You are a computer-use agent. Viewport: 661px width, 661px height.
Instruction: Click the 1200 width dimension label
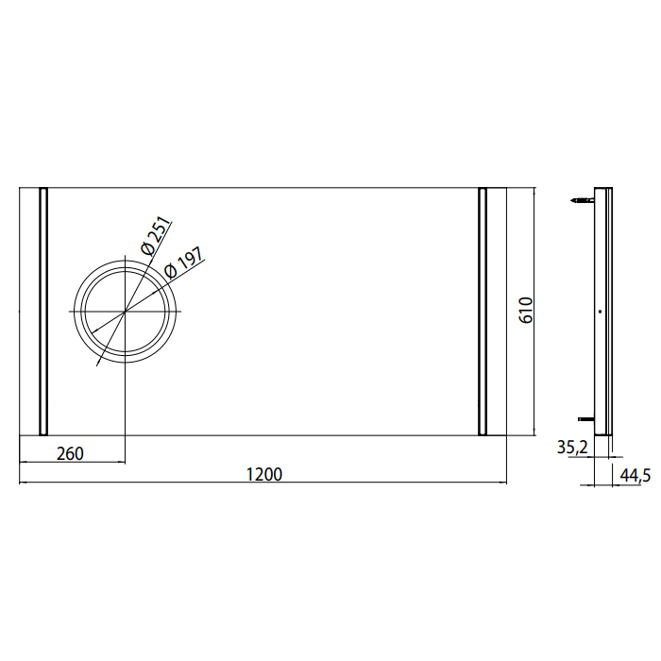(263, 474)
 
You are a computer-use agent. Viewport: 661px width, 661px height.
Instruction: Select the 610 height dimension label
(526, 311)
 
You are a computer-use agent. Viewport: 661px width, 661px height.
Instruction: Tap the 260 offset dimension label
(70, 453)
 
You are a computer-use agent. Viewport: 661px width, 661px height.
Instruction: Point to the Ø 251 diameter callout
(156, 235)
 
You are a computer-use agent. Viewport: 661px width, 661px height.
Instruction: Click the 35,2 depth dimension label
(572, 448)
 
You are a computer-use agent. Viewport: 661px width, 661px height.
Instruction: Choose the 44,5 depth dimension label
(636, 475)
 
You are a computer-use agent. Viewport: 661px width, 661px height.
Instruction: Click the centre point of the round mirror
(126, 312)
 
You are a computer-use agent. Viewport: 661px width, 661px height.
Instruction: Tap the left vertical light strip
(43, 312)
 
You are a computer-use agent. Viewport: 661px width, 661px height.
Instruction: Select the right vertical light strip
(483, 312)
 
